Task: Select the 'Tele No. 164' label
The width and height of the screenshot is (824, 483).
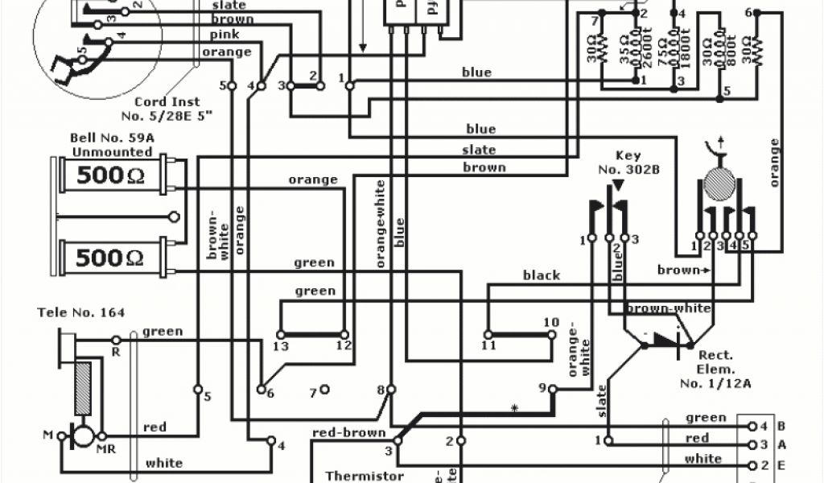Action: (80, 312)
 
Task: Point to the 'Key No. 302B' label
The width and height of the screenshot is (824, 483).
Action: (616, 162)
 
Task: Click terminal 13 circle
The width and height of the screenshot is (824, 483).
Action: (280, 334)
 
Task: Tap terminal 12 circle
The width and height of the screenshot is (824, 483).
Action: (344, 334)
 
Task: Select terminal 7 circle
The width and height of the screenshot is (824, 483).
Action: (324, 391)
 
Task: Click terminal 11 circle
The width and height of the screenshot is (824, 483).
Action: (488, 334)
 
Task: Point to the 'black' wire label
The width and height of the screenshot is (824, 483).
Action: (542, 275)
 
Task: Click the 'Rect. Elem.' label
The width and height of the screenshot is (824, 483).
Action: (715, 361)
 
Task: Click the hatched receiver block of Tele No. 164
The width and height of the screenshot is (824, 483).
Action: (84, 389)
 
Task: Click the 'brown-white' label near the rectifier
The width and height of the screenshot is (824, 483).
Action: (669, 308)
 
